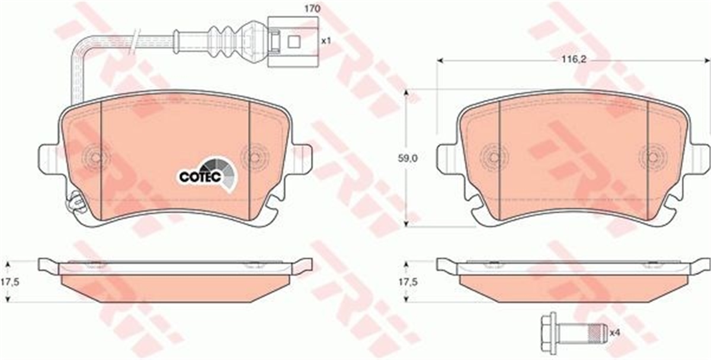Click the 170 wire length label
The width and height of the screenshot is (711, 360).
click(x=312, y=9)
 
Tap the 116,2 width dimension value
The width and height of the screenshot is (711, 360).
click(x=574, y=68)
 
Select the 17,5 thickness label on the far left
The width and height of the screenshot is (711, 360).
click(x=9, y=281)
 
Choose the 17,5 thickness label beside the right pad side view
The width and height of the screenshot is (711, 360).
click(x=408, y=281)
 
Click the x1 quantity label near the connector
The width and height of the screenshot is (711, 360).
click(x=326, y=41)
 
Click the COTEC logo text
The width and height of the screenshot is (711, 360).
click(x=200, y=177)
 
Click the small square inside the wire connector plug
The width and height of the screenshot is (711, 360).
click(x=294, y=41)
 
